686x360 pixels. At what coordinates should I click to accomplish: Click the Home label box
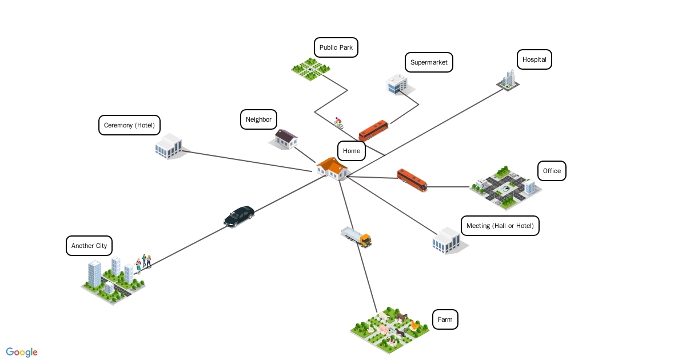[352, 151]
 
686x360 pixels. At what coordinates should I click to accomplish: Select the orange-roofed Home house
[333, 169]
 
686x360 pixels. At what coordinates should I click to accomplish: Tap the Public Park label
[336, 47]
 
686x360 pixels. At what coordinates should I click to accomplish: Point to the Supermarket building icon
[397, 84]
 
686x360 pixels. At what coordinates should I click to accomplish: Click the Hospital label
[534, 59]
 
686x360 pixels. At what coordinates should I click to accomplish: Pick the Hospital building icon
[508, 80]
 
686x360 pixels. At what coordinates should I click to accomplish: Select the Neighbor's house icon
[285, 138]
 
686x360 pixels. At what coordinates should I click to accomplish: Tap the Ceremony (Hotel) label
[129, 125]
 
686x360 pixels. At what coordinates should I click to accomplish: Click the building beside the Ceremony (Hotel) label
[169, 146]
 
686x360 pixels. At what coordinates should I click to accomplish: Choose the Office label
[552, 171]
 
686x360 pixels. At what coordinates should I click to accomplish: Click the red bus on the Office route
[412, 180]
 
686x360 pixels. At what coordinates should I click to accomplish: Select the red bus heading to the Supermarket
[373, 130]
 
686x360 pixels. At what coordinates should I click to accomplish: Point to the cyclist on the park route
[338, 122]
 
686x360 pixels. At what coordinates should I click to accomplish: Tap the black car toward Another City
[239, 217]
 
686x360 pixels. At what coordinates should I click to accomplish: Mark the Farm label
[445, 319]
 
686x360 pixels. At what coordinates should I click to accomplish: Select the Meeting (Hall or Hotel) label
[500, 226]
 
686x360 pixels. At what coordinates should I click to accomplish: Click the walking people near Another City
[143, 263]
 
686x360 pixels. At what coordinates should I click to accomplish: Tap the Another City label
[89, 246]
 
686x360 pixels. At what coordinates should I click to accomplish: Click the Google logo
[22, 352]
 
